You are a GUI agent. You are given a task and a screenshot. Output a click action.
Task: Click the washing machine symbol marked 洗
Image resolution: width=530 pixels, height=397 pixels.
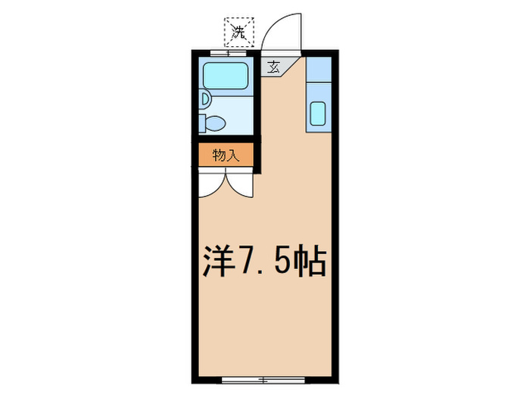pos(238,32)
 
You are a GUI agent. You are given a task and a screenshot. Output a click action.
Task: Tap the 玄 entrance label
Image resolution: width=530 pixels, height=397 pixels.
pos(273,67)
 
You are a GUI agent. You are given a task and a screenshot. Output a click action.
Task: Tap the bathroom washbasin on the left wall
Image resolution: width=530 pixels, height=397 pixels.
pos(204,98)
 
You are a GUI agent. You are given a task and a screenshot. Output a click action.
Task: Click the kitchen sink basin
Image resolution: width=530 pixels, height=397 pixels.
pos(318,113)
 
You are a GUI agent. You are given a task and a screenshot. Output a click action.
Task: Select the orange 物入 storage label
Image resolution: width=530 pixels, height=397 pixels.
pos(226,155)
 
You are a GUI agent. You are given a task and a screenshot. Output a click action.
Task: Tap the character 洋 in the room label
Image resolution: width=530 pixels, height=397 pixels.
pos(217,261)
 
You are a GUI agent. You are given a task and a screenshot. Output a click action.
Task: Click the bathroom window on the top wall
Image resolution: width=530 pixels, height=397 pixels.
pos(228,53)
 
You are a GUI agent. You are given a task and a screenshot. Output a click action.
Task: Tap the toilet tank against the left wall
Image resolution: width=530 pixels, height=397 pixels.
pos(203,123)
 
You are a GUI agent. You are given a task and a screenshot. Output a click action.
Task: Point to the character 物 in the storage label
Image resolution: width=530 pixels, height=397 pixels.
pos(219,155)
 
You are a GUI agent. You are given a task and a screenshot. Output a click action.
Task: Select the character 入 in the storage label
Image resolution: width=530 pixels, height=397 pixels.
pos(233,155)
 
